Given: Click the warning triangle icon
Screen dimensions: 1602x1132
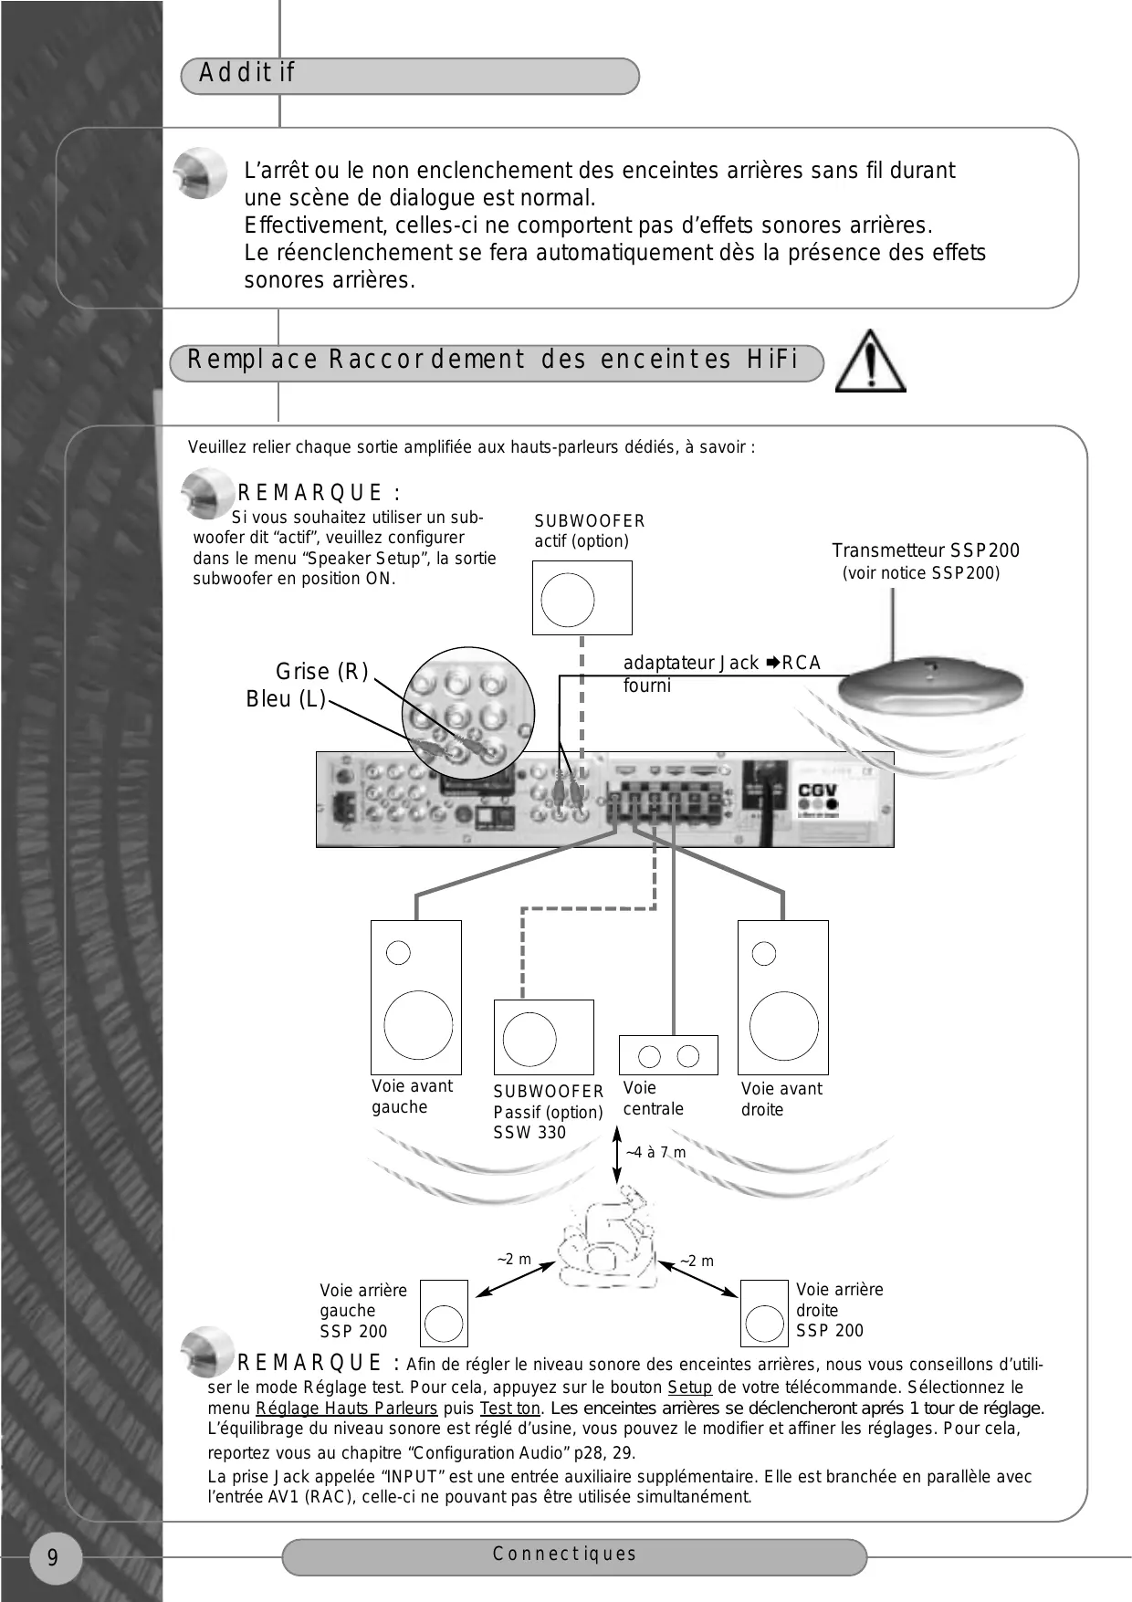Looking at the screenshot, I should (870, 362).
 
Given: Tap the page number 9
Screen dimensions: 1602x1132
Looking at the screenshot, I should (53, 1557).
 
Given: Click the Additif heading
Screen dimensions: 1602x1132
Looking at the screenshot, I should (247, 73).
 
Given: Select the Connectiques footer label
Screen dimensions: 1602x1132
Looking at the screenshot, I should (564, 1554).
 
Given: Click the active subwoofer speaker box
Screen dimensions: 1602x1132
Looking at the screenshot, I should (582, 597).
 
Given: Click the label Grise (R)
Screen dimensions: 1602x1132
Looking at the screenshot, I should (321, 672).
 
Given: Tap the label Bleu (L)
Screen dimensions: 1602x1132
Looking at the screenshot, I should (286, 699).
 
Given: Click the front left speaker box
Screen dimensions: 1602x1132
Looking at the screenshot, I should (416, 997).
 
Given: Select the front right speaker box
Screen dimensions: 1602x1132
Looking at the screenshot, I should (782, 997).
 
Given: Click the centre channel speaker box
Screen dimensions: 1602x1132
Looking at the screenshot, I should (668, 1055).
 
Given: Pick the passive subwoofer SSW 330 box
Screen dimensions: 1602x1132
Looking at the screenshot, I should (543, 1037).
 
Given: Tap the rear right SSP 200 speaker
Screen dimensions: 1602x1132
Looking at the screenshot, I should (763, 1314).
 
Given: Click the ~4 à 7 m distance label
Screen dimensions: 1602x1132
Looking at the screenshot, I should (655, 1153).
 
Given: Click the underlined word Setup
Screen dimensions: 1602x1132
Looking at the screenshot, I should (689, 1387).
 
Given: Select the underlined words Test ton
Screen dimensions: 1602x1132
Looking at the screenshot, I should (509, 1408).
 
